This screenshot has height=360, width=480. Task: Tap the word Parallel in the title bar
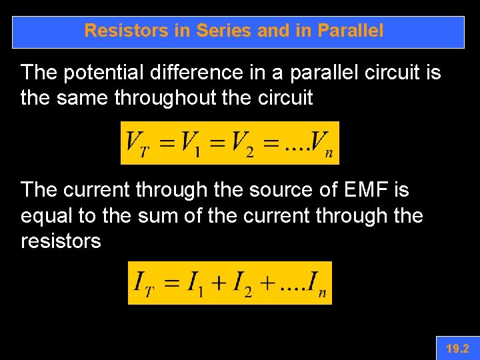[x=351, y=31]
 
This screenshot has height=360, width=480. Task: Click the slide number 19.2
[x=457, y=348]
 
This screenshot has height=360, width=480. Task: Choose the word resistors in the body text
[x=61, y=241]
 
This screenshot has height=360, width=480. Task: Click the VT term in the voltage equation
[x=137, y=143]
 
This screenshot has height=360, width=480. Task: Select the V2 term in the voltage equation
[x=243, y=143]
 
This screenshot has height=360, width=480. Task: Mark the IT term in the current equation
[x=144, y=283]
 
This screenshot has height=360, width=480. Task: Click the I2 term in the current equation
[x=241, y=283]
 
